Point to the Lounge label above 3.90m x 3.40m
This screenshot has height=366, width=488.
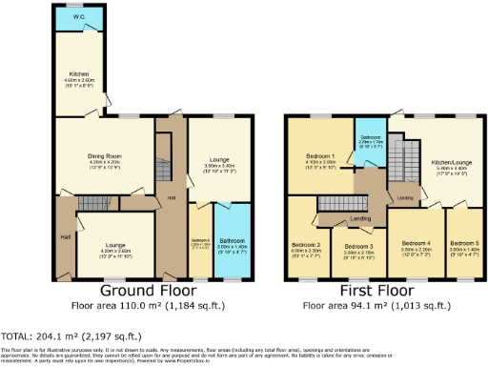click(x=219, y=157)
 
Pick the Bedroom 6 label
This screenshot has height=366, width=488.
click(x=200, y=239)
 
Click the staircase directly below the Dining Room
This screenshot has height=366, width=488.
click(x=95, y=202)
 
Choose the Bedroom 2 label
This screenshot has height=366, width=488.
click(x=305, y=244)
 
